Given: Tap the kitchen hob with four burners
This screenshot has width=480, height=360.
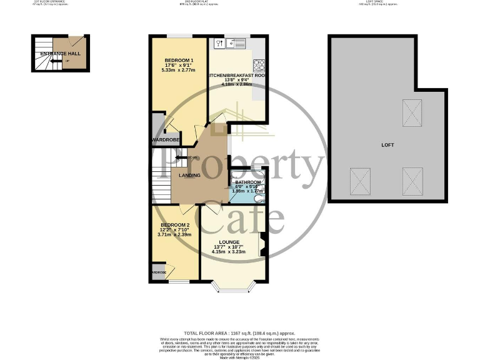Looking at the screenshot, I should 259,64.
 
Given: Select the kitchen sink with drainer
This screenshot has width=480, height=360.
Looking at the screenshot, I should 237,44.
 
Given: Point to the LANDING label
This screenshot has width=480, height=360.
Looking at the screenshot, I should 189,175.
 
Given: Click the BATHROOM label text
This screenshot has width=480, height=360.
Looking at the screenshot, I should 247,182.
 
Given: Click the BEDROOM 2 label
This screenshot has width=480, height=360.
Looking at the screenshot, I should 175,225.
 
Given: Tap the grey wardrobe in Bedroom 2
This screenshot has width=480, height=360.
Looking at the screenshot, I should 158,272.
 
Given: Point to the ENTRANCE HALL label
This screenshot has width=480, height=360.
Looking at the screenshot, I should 60,54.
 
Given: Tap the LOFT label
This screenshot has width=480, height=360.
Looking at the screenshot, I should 387,145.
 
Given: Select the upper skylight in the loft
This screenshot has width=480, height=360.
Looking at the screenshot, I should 411,112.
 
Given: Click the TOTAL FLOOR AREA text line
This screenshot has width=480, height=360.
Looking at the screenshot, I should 239,333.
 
